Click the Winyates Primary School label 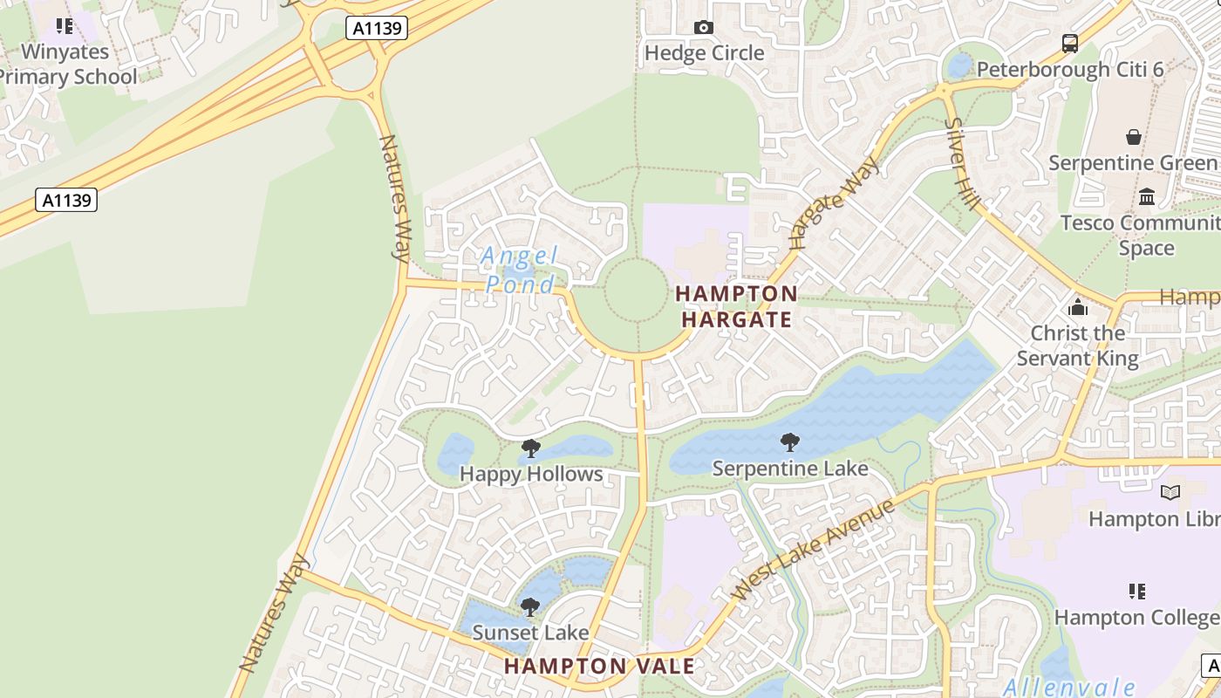[x=66, y=65]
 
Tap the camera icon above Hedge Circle [x=704, y=28]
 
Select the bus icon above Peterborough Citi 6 [x=1069, y=43]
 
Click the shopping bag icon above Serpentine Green [x=1133, y=137]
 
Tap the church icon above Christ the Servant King [x=1078, y=307]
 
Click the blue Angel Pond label [x=521, y=270]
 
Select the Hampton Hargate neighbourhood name [x=736, y=306]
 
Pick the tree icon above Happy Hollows [x=530, y=449]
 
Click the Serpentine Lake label [x=790, y=469]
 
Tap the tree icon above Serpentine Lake [x=790, y=442]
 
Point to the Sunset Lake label [x=530, y=632]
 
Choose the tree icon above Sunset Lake [x=529, y=606]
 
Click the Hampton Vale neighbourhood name [x=600, y=667]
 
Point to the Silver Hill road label [x=961, y=164]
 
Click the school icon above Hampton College [x=1136, y=592]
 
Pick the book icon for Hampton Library [x=1170, y=493]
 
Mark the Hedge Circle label [x=704, y=53]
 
